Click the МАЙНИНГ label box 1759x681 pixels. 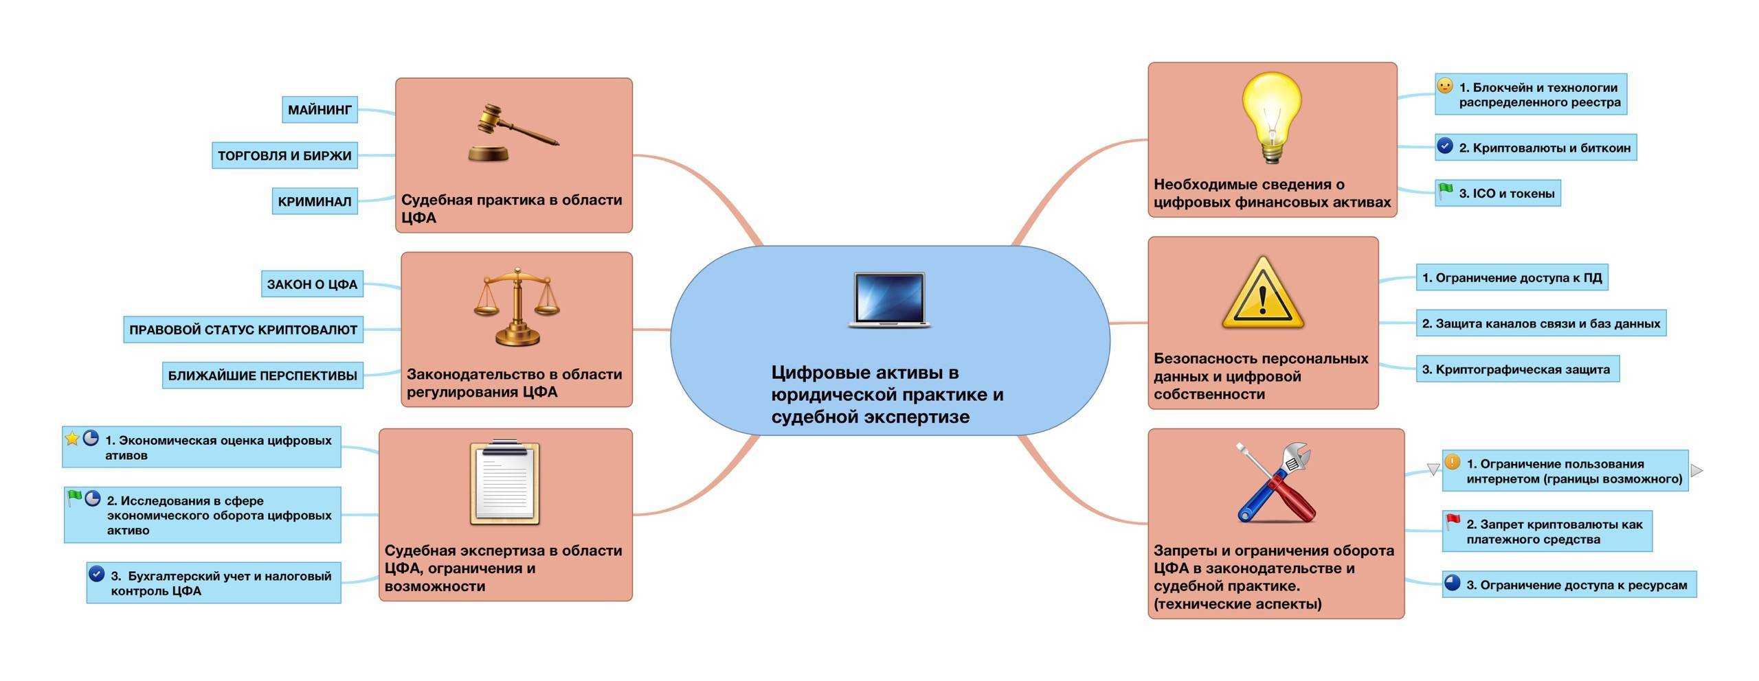pos(320,110)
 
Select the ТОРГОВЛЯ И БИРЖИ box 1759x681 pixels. pos(284,156)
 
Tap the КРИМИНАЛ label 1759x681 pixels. pos(315,202)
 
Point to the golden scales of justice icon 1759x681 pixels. pos(517,306)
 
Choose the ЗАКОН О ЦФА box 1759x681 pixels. pos(312,284)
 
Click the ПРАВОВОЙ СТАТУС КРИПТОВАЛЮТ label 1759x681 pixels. pos(243,330)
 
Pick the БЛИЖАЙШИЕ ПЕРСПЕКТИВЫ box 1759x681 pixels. pos(262,376)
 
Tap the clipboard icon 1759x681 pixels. pos(505,483)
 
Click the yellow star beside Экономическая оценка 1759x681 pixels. pos(72,438)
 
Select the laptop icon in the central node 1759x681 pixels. pos(889,300)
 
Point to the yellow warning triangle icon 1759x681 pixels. pos(1263,295)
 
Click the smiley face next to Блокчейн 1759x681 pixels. pos(1445,86)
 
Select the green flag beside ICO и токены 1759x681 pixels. pos(1445,192)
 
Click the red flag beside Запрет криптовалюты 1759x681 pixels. pos(1453,522)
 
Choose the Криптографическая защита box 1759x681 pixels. pos(1517,369)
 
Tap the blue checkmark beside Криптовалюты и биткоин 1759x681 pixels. pos(1445,146)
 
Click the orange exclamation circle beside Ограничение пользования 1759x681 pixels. pos(1452,463)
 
